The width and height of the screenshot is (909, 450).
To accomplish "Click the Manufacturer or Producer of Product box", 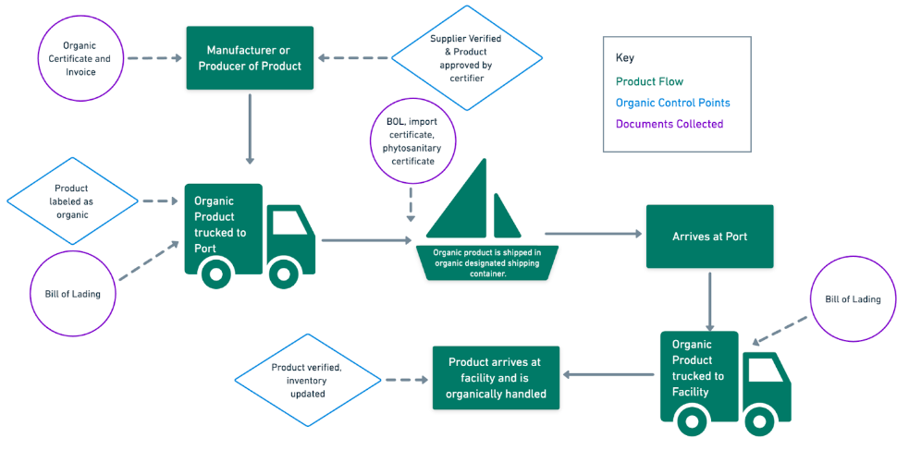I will pos(250,57).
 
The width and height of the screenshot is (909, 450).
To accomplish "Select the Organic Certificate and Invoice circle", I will pos(80,58).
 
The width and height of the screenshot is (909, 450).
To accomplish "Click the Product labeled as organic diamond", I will pos(72,201).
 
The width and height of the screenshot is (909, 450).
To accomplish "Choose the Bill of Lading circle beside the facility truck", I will pos(853,299).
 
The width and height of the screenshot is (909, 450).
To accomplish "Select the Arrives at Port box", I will pos(709,237).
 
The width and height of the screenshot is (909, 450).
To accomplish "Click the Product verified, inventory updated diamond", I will pos(306,379).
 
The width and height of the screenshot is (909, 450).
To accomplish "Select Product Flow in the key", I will pos(649,81).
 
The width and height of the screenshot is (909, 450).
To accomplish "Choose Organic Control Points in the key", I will pos(672,103).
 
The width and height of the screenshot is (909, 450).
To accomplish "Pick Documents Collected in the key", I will pos(669,124).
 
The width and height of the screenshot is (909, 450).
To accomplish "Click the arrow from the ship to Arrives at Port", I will pos(593,235).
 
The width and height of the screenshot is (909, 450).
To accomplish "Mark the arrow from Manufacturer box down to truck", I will pos(250,128).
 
